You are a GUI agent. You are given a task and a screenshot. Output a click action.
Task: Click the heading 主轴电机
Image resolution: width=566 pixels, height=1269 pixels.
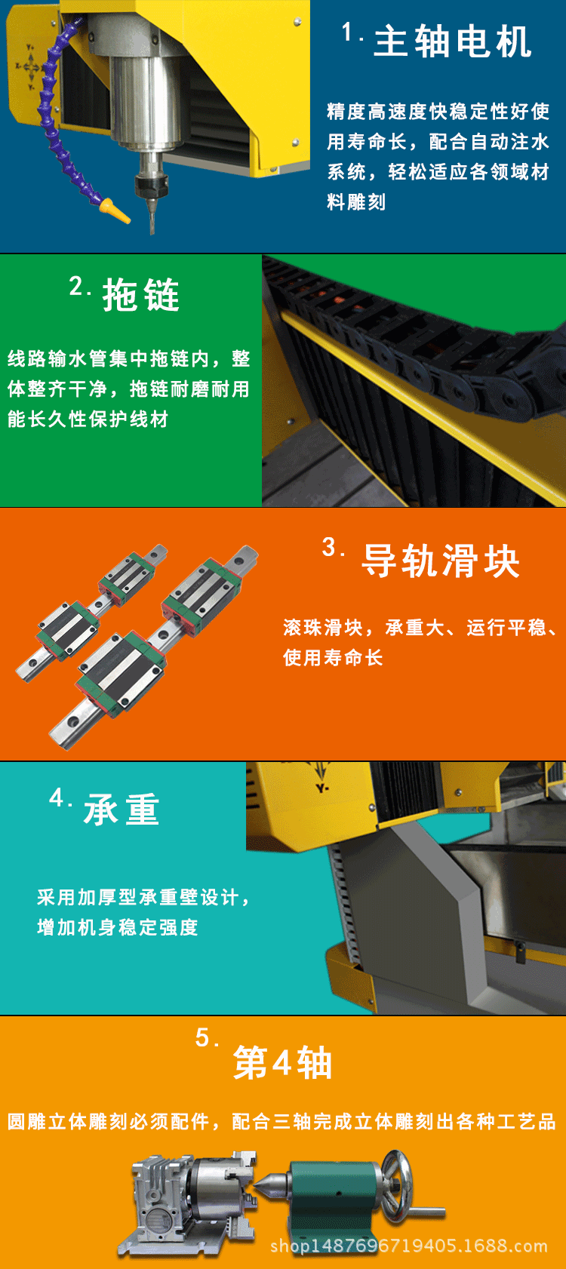coord(452,42)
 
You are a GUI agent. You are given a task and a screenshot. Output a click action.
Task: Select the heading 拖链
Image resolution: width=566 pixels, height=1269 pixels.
coord(141,295)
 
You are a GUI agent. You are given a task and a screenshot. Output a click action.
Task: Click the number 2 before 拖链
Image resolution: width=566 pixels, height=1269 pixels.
coord(77,286)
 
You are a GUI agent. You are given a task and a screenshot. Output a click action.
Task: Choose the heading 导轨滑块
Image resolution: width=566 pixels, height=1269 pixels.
coord(441,561)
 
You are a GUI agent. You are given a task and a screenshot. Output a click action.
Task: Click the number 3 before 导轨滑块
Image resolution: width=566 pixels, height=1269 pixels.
coord(330,547)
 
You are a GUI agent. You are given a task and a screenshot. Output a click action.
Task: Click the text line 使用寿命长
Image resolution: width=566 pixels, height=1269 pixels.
coord(333,657)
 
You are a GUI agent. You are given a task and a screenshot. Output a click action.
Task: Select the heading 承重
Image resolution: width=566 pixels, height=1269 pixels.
coord(122,809)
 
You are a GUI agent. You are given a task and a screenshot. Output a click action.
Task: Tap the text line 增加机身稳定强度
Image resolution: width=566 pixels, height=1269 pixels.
coord(118,926)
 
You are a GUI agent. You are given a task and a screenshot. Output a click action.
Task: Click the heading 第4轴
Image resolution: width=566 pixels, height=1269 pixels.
coord(282,1062)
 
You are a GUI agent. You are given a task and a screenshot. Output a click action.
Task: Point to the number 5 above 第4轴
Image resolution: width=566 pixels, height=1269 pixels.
coord(203,1037)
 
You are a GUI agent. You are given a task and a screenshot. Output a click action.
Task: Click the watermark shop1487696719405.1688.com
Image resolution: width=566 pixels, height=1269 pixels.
coord(408,1246)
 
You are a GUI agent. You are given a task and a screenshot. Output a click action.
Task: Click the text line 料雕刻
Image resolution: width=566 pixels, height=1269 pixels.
coord(356,201)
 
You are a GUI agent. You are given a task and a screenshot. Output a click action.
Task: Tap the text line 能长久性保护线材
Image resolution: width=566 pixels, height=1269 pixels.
coord(88,419)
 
